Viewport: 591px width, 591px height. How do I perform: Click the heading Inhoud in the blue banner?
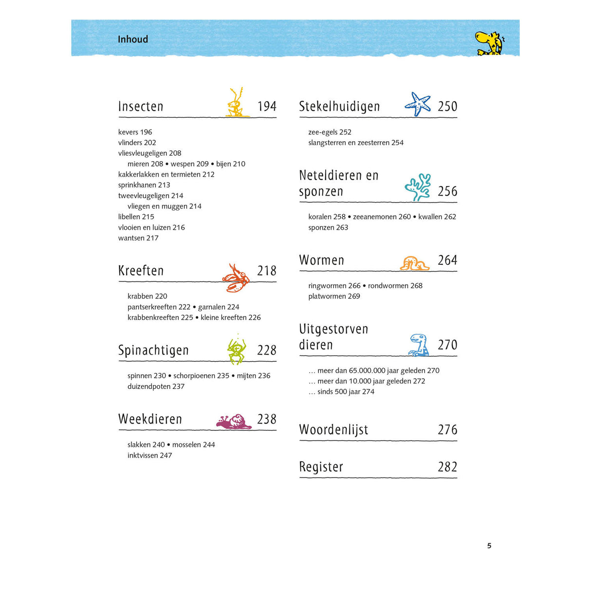coord(133,39)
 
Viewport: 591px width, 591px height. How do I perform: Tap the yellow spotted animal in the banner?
coord(489,43)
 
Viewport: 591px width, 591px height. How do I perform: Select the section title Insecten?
coord(141,107)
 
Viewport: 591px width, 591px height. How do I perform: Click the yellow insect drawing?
coord(236,103)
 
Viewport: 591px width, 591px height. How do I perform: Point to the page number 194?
coord(267,107)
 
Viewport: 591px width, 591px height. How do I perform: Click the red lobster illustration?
coord(236,278)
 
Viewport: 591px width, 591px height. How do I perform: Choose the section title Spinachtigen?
coord(153,351)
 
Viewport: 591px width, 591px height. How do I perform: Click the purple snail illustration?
coord(234,422)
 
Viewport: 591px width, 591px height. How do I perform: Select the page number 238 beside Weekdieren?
coord(267,419)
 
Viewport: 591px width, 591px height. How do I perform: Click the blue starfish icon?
coord(418,104)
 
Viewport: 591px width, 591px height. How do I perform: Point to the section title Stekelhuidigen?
coord(339,107)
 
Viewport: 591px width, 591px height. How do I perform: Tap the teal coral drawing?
coord(418,187)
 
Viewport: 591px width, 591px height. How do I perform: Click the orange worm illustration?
coord(414,263)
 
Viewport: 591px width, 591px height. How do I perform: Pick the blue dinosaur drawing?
coord(418,345)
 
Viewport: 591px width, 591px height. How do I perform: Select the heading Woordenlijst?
coord(333,430)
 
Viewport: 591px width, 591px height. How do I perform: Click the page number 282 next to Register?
coord(447,467)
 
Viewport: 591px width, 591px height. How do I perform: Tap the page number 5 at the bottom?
coord(489,546)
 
